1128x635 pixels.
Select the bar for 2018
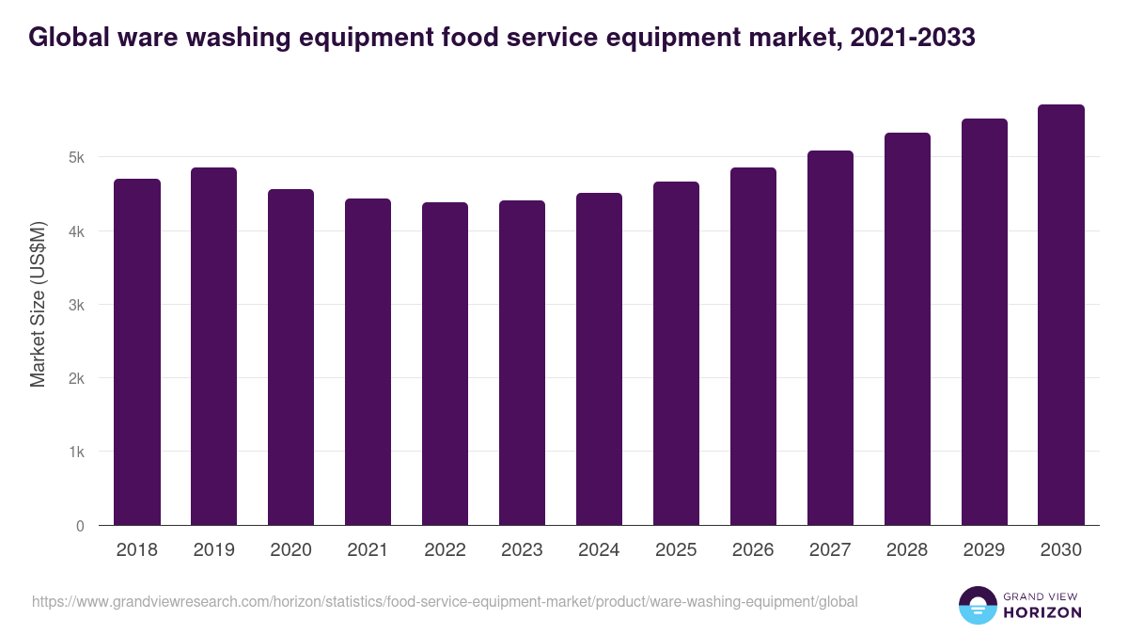(137, 352)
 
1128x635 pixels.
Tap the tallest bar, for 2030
(1061, 315)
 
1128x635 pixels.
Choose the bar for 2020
(291, 357)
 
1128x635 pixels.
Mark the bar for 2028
(907, 329)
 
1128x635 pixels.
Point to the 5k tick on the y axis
(77, 157)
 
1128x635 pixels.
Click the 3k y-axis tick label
(77, 305)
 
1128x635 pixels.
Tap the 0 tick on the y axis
(80, 526)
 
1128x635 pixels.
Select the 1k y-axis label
(77, 452)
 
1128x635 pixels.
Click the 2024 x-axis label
(599, 550)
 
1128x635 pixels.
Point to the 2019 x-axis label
(214, 550)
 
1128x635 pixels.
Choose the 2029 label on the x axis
(984, 550)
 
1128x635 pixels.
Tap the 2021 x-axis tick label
(368, 550)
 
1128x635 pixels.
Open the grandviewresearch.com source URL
(445, 601)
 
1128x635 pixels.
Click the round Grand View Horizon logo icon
(978, 605)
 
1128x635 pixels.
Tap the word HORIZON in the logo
(1043, 612)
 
